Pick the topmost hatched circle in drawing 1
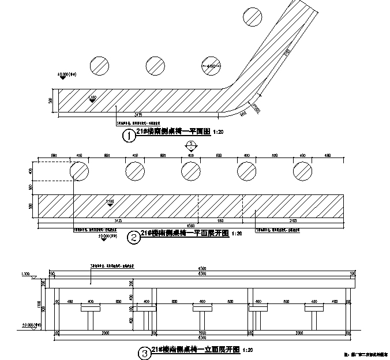coord(252,16)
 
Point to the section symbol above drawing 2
coord(192,145)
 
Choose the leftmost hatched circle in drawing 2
coord(80,171)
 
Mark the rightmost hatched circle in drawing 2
coord(302,171)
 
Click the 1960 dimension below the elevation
coord(201,333)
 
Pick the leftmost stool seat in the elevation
coord(91,309)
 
